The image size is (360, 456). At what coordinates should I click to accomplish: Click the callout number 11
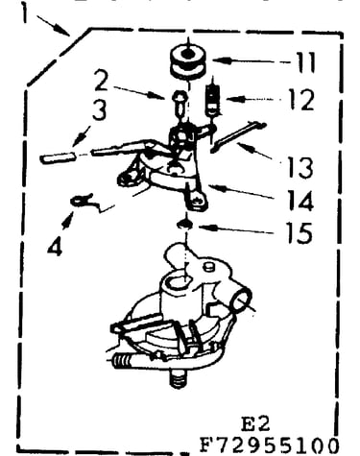304,62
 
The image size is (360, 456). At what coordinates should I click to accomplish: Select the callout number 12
301,100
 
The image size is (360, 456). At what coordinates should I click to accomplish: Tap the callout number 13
300,167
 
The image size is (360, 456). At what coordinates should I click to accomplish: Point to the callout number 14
300,201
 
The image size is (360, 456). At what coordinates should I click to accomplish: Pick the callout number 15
300,232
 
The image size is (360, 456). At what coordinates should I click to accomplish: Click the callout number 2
101,80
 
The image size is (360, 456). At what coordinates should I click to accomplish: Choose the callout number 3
99,110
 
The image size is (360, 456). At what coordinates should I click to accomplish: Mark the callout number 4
55,247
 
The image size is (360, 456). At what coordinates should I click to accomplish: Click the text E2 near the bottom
255,423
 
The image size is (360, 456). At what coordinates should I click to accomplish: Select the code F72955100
269,445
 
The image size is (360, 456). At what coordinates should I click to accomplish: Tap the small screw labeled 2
179,103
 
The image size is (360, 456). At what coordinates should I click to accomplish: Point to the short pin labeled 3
58,157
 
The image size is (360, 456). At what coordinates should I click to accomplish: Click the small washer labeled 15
185,225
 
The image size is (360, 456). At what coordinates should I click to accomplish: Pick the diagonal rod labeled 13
239,136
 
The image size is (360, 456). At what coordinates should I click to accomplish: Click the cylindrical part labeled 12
212,100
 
